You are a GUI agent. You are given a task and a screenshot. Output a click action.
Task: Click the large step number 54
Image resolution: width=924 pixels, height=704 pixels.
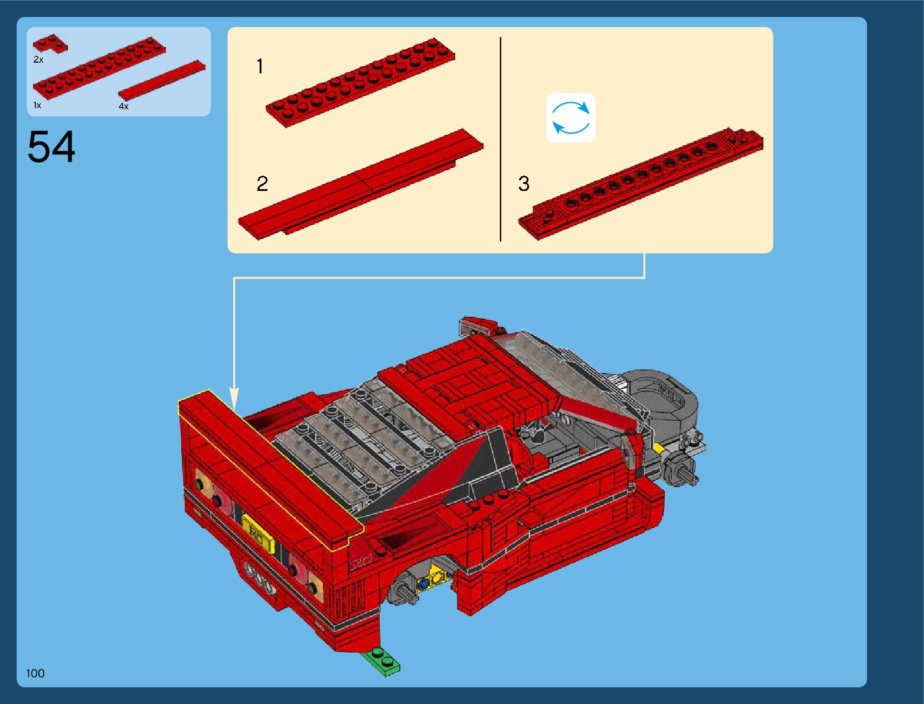[x=51, y=147]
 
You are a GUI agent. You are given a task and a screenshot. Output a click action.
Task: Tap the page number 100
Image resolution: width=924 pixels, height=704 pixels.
[x=35, y=673]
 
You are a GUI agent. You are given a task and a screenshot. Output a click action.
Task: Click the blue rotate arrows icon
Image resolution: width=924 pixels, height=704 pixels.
[x=571, y=118]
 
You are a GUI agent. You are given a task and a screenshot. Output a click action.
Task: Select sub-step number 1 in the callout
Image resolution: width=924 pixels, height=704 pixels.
[x=260, y=66]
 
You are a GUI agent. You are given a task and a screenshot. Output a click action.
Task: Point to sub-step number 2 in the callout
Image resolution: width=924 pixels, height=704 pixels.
[x=262, y=184]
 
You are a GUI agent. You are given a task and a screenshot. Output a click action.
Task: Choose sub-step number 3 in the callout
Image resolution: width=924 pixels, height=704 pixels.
[x=524, y=184]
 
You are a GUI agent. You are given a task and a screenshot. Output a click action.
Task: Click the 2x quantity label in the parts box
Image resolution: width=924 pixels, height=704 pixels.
[x=38, y=60]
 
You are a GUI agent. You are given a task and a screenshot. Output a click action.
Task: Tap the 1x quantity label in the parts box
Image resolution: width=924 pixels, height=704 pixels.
[x=37, y=105]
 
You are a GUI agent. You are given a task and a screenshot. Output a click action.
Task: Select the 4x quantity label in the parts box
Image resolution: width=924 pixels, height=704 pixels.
[x=123, y=106]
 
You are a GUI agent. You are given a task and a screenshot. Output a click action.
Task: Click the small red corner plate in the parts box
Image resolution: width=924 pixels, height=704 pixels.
[x=50, y=43]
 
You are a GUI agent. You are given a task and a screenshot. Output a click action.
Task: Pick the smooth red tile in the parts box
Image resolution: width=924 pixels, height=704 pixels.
[x=162, y=80]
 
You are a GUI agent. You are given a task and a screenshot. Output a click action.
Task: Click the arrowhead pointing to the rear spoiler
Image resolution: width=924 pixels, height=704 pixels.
[x=234, y=398]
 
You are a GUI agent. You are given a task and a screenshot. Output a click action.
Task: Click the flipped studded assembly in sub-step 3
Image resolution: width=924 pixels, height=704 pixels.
[x=641, y=184]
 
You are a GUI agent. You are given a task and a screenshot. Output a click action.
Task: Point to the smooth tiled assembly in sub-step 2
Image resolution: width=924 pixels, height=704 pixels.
[x=361, y=184]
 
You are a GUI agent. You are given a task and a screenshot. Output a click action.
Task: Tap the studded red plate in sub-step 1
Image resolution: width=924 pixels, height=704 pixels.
[x=360, y=83]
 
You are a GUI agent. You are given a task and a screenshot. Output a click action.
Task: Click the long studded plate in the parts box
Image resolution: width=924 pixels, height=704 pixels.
[x=99, y=68]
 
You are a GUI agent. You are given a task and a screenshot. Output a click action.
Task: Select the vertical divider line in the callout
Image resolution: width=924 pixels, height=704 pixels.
[x=501, y=139]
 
